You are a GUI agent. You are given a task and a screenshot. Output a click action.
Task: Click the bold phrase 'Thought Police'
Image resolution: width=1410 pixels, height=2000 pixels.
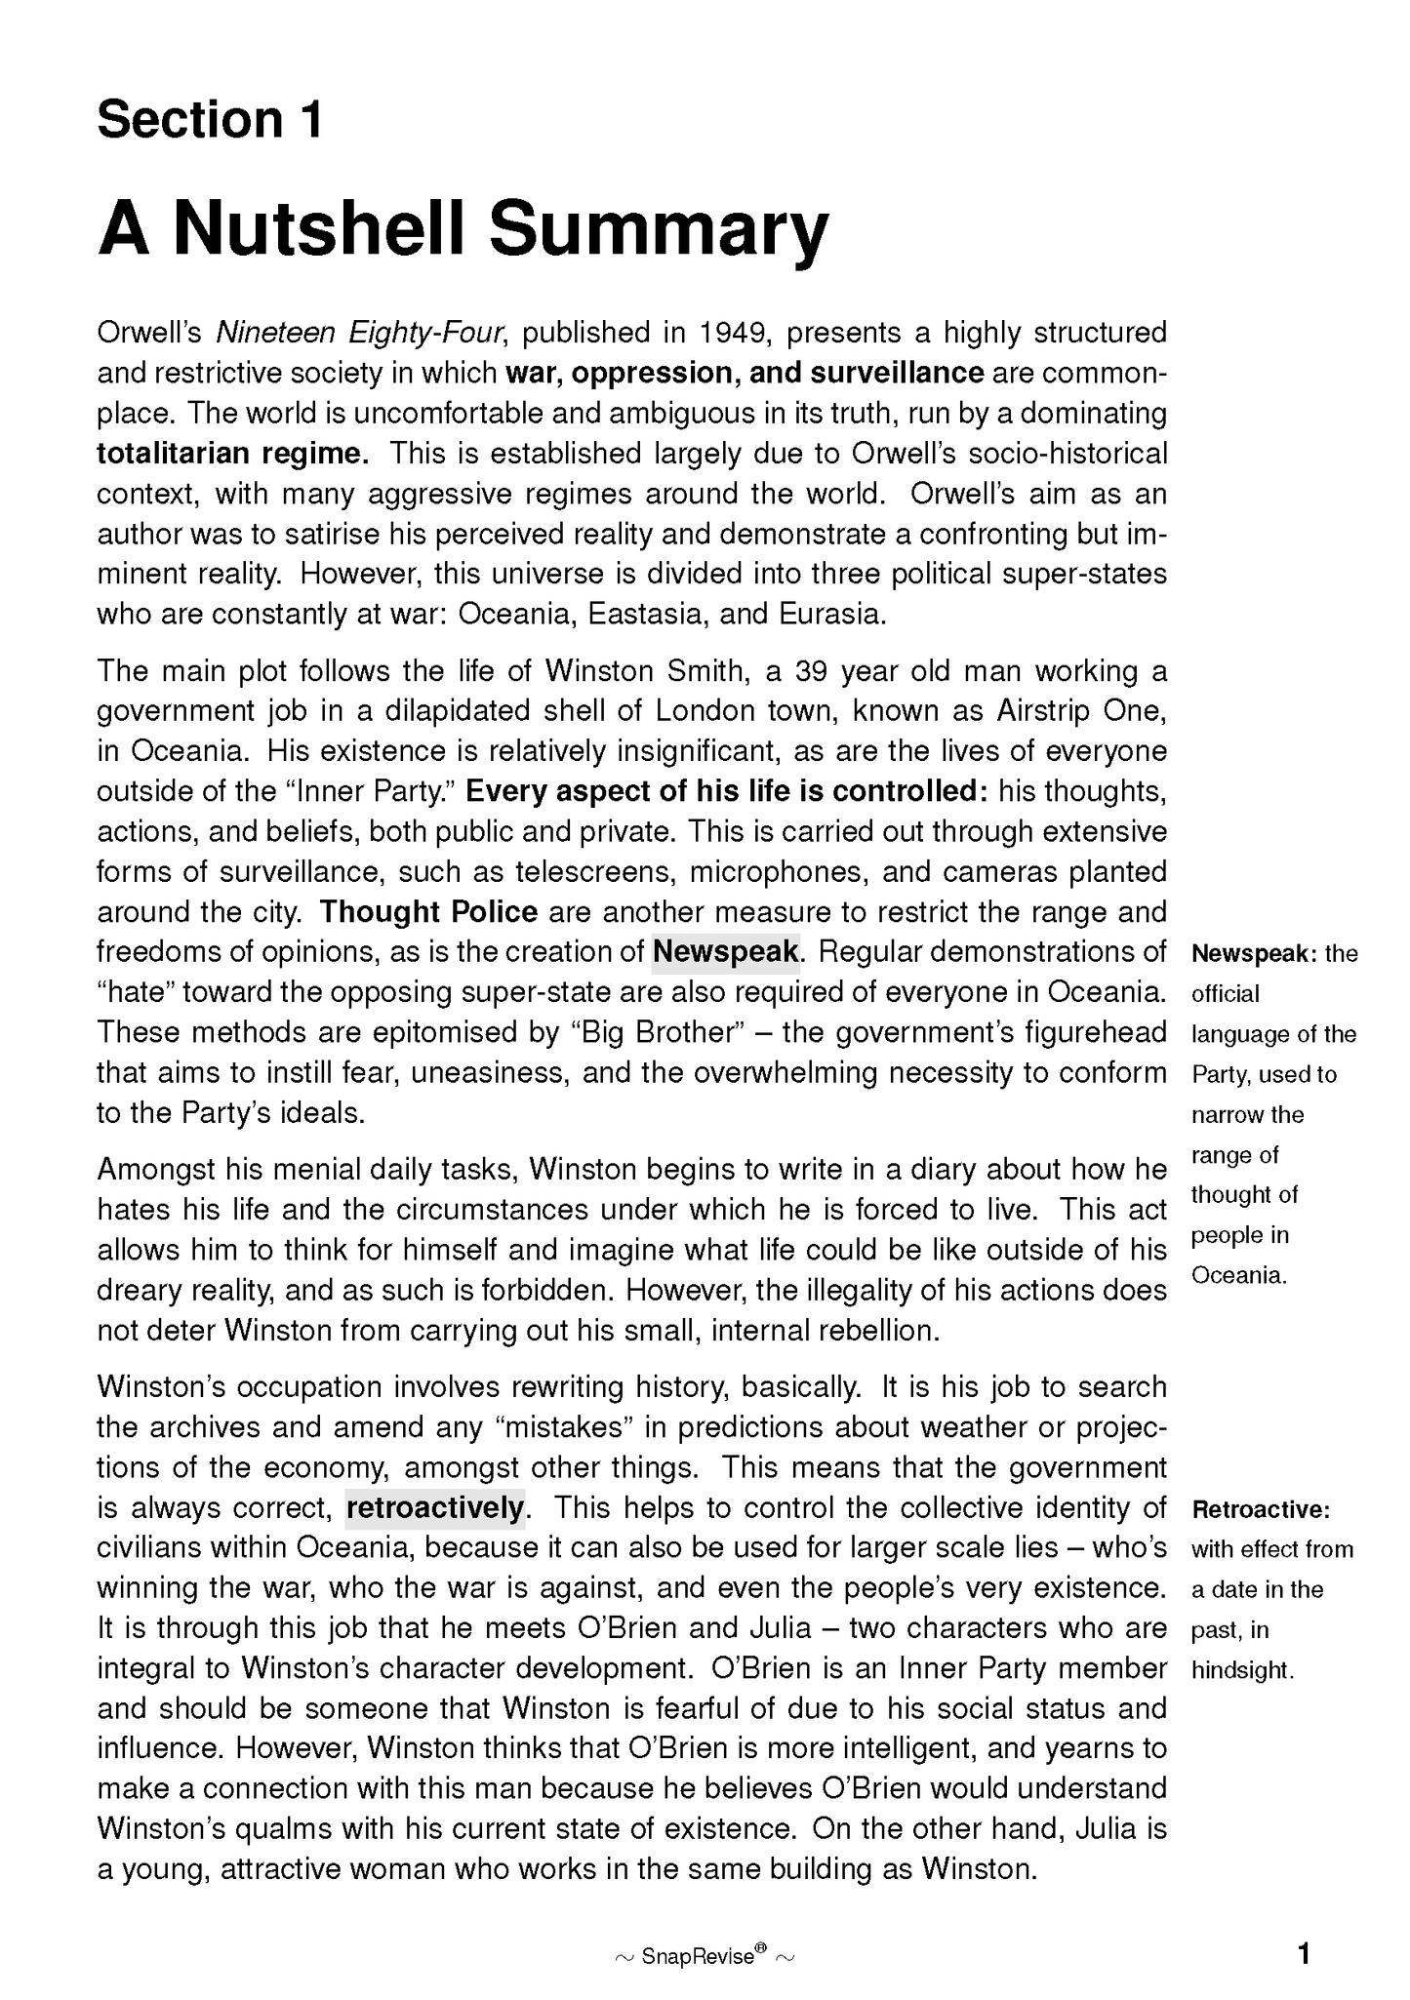tap(428, 912)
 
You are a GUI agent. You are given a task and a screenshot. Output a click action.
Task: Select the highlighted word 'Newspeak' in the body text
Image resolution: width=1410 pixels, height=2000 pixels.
tap(726, 951)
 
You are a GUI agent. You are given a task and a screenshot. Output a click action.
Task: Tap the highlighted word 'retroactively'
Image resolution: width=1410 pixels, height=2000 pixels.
tap(435, 1508)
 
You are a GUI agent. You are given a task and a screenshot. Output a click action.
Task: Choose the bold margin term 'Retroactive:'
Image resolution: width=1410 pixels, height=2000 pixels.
tap(1261, 1510)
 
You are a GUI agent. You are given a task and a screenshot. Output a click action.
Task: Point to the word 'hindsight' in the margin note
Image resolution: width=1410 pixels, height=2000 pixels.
tap(1241, 1671)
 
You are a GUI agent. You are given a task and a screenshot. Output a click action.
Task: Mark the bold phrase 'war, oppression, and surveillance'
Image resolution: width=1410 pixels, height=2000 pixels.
tap(745, 374)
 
